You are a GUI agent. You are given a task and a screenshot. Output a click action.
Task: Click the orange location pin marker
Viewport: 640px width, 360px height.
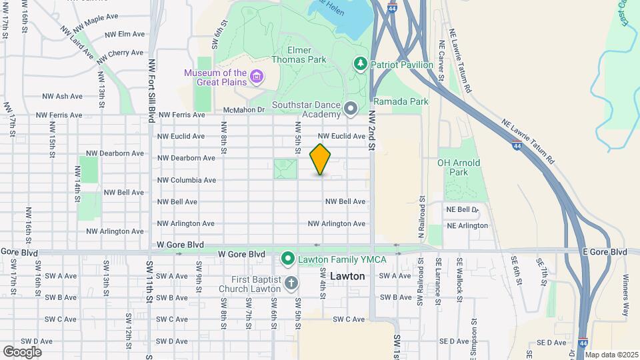coord(321,159)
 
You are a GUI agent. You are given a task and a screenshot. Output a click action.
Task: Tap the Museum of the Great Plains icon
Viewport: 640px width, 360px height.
coord(256,78)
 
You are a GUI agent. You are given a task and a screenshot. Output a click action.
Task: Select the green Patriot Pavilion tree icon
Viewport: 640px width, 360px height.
coord(361,63)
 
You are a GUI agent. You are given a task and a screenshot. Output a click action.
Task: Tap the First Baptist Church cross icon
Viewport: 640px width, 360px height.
coord(291,284)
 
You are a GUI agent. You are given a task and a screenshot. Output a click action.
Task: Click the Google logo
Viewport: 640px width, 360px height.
coord(22,351)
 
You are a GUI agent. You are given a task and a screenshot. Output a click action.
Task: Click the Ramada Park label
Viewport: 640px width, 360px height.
coord(401,102)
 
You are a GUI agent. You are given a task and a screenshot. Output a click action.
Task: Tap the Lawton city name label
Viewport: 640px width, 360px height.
coord(347,276)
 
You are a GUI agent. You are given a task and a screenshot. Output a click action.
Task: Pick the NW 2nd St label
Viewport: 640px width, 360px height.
coord(372,130)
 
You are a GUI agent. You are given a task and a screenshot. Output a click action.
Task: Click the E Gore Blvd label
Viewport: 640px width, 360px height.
coord(605,252)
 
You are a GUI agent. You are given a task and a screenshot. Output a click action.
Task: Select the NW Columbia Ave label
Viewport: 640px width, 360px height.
coord(186,180)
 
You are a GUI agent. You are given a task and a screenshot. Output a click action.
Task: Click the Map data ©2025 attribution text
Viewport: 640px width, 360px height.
coord(610,355)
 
